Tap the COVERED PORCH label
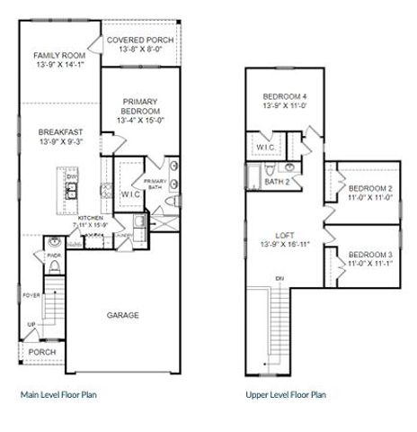coord(139,40)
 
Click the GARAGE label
coord(123,315)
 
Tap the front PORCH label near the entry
coord(42,352)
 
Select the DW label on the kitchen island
coord(71,177)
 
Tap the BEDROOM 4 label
coord(285,96)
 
